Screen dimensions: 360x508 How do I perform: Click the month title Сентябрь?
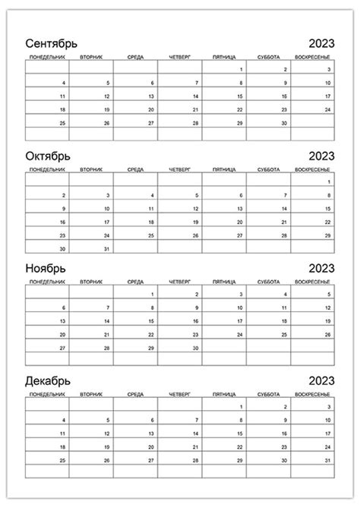(52, 43)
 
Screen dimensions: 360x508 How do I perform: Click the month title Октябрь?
(48, 156)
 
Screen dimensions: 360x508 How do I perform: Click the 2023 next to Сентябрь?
(321, 43)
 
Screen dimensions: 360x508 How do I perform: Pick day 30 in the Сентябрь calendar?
(285, 123)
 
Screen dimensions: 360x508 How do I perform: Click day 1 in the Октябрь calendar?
(329, 182)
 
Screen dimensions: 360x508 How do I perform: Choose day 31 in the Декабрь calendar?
(328, 461)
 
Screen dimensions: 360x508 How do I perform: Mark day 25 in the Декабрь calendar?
(63, 461)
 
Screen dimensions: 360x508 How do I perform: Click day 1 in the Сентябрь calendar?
(241, 70)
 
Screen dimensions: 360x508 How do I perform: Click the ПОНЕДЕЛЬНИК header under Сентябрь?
(46, 57)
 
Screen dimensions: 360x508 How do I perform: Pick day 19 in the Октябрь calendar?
(196, 222)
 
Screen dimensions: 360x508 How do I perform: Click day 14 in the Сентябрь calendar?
(196, 96)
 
